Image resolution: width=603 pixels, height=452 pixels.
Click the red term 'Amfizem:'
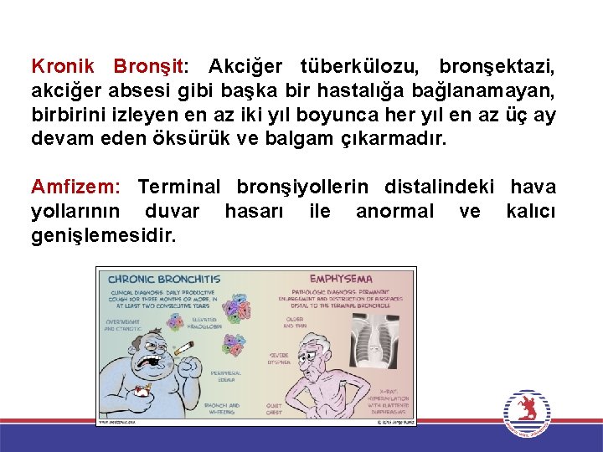pos(75,187)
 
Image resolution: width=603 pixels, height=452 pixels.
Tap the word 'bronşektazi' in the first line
pos(497,65)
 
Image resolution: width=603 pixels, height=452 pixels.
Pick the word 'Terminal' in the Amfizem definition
pos(178,187)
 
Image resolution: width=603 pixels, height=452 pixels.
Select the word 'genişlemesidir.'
pos(104,235)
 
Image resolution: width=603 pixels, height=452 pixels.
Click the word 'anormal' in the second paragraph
pos(394,211)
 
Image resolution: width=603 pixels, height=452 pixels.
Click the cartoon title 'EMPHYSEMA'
pos(341,278)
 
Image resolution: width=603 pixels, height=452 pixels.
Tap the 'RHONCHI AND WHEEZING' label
pos(223,409)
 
